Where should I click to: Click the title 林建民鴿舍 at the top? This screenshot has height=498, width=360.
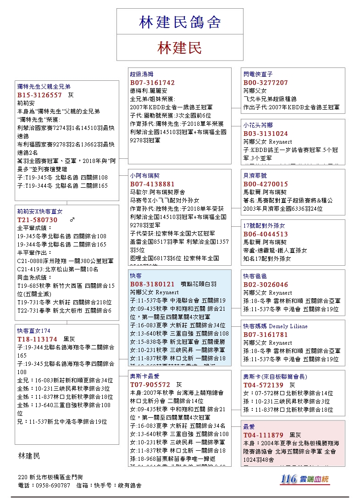coord(180,22)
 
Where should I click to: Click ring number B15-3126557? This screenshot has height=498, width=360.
coord(39,95)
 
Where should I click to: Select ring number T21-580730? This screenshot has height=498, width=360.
coord(38,220)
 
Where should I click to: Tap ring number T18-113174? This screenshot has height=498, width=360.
coord(38,339)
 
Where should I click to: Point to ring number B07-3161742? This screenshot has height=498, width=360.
coord(152,83)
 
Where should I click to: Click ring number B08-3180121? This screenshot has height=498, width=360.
coord(152,284)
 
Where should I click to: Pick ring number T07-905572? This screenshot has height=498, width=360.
coord(150,385)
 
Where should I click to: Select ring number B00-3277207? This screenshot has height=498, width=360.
coord(266,83)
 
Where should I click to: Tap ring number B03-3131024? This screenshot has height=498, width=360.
coord(266,134)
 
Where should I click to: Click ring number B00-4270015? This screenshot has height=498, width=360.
coord(266,184)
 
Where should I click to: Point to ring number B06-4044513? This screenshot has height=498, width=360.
coord(266,234)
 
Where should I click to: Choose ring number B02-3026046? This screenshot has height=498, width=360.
coord(266,285)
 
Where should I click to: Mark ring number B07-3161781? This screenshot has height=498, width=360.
coord(266,335)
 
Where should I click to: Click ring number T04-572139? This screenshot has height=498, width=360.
coord(263,385)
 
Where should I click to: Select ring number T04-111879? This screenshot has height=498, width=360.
coord(263,435)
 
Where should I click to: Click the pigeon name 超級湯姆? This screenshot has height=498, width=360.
coord(141,74)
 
